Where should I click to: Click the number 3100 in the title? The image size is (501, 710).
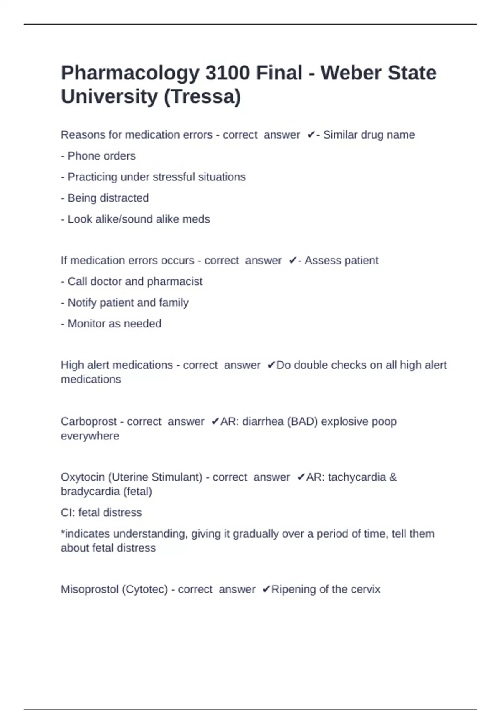click(228, 73)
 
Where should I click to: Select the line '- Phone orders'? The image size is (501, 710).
click(98, 156)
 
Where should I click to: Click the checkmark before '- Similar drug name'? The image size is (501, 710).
click(311, 135)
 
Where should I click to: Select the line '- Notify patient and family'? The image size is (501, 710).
click(124, 302)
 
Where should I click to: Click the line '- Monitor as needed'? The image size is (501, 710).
click(111, 324)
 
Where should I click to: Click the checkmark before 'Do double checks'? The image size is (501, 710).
click(271, 365)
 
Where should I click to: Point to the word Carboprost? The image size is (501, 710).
click(89, 421)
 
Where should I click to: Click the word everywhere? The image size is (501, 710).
click(90, 436)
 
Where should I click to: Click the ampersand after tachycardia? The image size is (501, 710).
click(393, 477)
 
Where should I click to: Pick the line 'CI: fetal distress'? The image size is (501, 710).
click(101, 512)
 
